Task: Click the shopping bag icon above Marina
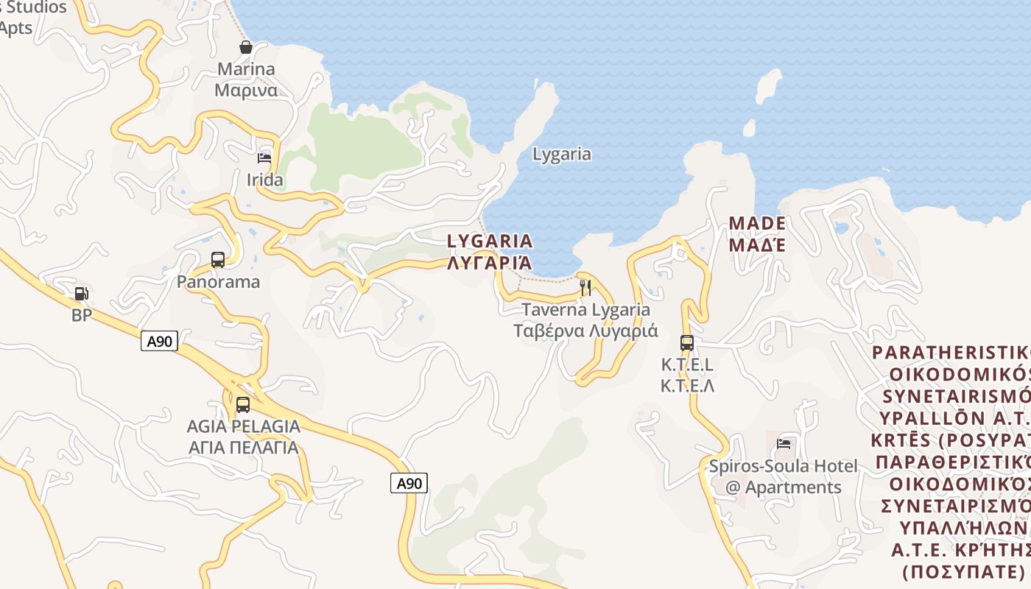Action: click(x=246, y=47)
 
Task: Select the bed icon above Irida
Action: click(x=264, y=158)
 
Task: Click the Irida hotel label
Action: click(x=264, y=180)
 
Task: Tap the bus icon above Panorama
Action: click(x=218, y=259)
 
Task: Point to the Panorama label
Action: click(x=218, y=281)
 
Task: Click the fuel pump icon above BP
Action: click(x=82, y=294)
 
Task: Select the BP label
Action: click(x=82, y=316)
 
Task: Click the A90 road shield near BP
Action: click(x=159, y=341)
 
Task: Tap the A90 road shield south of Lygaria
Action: click(x=409, y=483)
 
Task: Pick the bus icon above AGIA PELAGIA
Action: click(x=243, y=404)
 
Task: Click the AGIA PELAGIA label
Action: click(x=243, y=437)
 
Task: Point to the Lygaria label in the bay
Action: click(x=562, y=154)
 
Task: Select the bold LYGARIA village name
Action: click(x=490, y=251)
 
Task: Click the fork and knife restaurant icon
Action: click(x=585, y=287)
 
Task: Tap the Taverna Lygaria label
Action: click(x=585, y=320)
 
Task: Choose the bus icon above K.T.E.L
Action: click(x=687, y=342)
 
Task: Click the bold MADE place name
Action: click(x=757, y=233)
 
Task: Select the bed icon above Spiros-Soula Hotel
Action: click(x=784, y=443)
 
